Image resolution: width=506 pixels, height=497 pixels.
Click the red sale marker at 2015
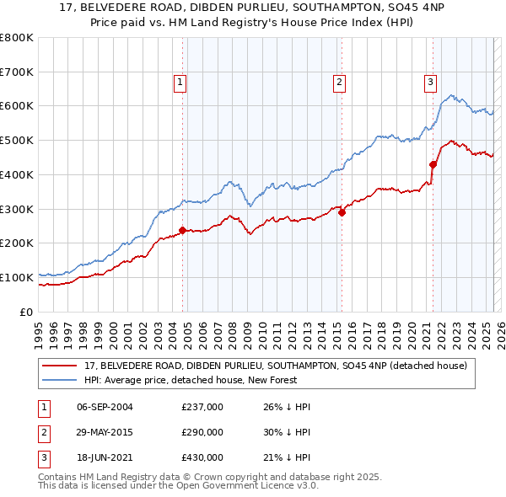click(x=342, y=212)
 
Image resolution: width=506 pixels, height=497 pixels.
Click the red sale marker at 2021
click(x=433, y=164)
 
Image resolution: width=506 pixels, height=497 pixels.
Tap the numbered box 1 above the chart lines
click(x=180, y=82)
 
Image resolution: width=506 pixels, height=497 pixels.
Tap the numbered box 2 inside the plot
click(x=339, y=82)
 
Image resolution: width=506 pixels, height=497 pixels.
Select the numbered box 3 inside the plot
click(x=430, y=82)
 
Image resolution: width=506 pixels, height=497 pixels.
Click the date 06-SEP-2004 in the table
click(x=105, y=408)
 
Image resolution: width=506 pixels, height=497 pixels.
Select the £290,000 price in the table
click(x=202, y=432)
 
